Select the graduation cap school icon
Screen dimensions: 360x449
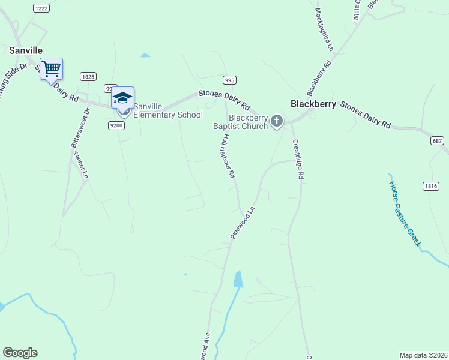[122, 97]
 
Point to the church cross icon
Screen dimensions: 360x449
[276, 121]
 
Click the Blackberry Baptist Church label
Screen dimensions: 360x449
[240, 122]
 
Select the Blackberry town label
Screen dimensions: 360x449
[313, 103]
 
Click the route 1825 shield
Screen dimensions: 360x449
[88, 76]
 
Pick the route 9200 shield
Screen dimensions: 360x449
[116, 125]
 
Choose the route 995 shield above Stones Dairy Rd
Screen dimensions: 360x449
[229, 80]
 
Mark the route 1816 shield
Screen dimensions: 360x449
[430, 186]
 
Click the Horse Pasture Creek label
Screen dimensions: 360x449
[405, 214]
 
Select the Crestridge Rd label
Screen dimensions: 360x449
[298, 159]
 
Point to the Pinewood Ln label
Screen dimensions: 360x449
[243, 223]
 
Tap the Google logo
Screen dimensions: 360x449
[20, 353]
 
